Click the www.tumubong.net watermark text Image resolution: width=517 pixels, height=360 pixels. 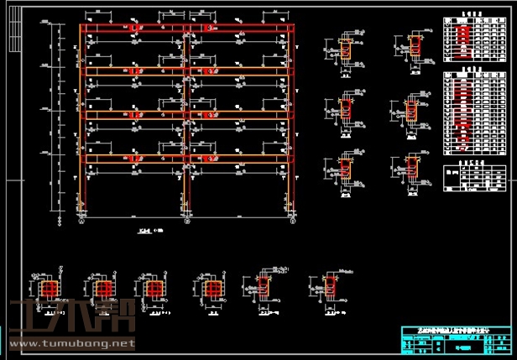click(71, 343)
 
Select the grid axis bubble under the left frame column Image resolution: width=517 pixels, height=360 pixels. click(81, 222)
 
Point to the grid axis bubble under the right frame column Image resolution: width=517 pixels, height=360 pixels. click(290, 222)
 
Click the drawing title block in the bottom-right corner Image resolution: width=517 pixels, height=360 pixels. click(456, 339)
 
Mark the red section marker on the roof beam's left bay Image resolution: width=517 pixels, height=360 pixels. click(133, 29)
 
